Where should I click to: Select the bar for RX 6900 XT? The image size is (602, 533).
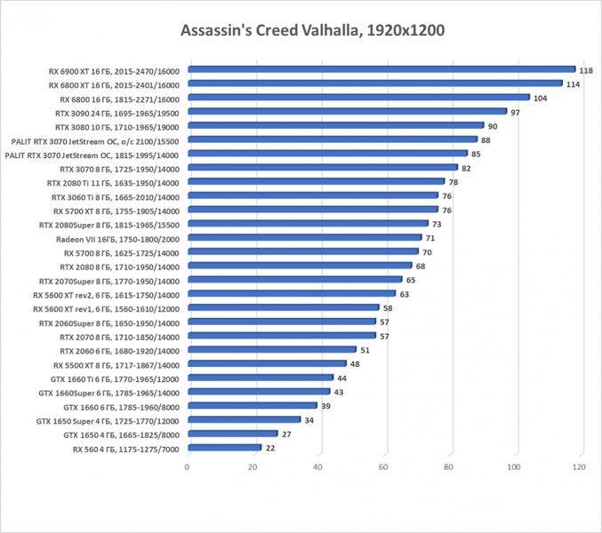click(x=381, y=68)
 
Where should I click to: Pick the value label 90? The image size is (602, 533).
click(x=493, y=127)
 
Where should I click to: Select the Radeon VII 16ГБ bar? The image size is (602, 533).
click(x=304, y=237)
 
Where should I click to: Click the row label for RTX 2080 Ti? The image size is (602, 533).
click(x=114, y=182)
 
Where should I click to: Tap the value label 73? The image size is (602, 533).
click(x=437, y=224)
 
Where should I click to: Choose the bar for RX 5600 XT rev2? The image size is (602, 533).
click(x=291, y=293)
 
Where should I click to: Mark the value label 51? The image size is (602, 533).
click(x=365, y=350)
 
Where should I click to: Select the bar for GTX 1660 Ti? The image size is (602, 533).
click(x=260, y=378)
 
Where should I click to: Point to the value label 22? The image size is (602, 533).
click(x=269, y=448)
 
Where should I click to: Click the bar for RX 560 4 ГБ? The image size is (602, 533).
click(x=224, y=447)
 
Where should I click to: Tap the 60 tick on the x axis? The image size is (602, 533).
click(x=384, y=467)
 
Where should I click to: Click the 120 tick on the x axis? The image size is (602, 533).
click(x=580, y=467)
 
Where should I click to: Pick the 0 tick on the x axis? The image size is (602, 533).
click(x=187, y=467)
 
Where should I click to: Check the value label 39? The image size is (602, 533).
click(x=325, y=406)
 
